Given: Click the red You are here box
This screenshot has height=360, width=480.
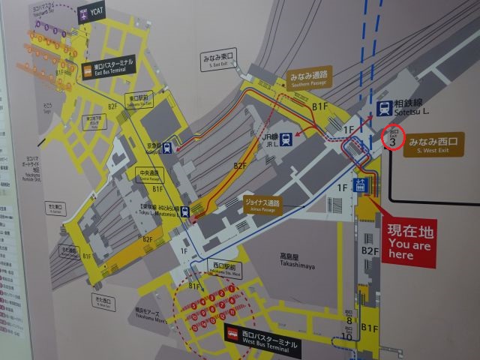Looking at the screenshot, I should pos(408,241).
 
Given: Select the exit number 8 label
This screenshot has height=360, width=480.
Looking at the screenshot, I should pos(349,320).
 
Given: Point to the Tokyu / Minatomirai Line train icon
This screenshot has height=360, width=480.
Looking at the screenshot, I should pos(185,211).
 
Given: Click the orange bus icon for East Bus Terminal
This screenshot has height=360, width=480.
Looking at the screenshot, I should pos(89,72).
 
